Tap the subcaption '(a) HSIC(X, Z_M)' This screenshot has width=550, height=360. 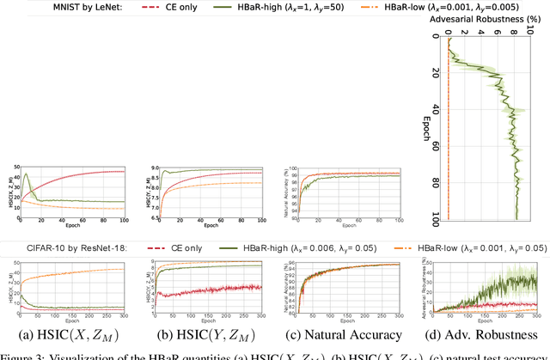pos(66,334)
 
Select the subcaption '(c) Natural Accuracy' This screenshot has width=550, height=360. pos(341,334)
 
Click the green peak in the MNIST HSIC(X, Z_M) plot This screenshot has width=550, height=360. pos(27,174)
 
